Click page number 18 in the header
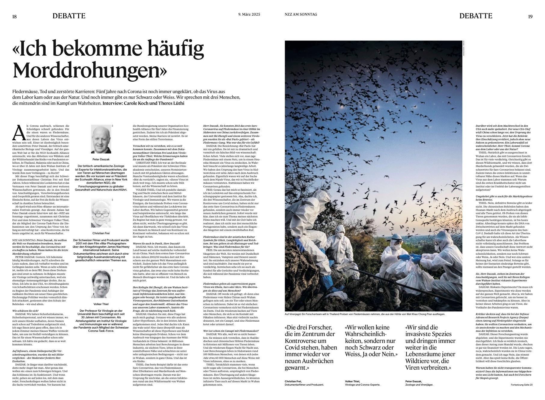[x=14, y=17]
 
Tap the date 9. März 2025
[x=249, y=14]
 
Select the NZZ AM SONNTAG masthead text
[x=301, y=14]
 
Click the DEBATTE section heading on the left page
[x=69, y=16]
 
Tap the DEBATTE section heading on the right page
[x=476, y=16]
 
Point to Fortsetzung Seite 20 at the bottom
[x=522, y=384]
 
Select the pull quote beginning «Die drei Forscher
[x=310, y=347]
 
